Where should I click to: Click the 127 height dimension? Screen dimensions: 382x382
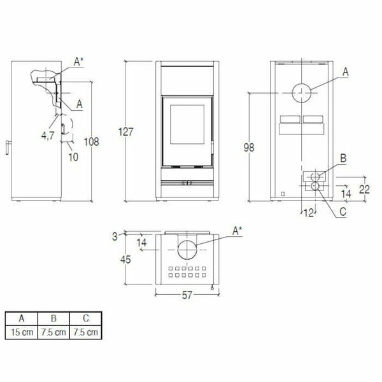(127, 132)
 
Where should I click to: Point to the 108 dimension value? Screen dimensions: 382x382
(92, 143)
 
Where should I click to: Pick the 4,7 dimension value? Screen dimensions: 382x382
(47, 135)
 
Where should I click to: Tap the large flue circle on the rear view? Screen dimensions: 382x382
(303, 94)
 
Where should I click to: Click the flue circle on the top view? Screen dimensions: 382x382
(188, 250)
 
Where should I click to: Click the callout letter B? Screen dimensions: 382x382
(343, 157)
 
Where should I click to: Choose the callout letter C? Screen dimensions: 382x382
(343, 211)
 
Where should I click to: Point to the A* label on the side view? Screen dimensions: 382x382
(79, 61)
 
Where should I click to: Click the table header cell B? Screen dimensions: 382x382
(53, 318)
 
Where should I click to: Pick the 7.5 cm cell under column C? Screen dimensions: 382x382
(85, 332)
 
